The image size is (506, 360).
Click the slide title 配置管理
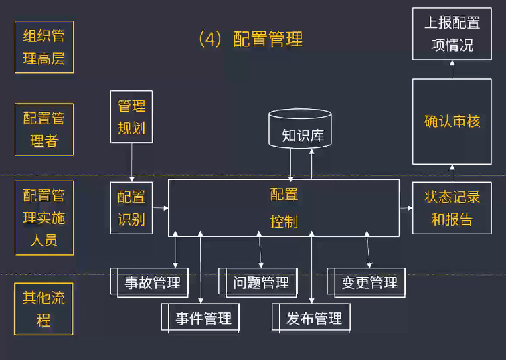252,39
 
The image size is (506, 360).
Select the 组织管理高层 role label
44,47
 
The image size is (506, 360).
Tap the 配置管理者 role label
44,130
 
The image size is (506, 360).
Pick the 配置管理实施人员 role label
44,217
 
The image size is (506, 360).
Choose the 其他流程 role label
44,309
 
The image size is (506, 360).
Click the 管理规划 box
131,117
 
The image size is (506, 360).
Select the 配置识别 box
131,207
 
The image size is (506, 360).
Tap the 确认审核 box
452,122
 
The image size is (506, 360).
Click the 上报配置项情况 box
452,33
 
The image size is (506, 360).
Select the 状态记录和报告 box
452,207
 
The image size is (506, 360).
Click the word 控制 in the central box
284,221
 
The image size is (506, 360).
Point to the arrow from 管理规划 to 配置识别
131,163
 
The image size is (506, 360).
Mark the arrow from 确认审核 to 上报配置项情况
452,68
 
